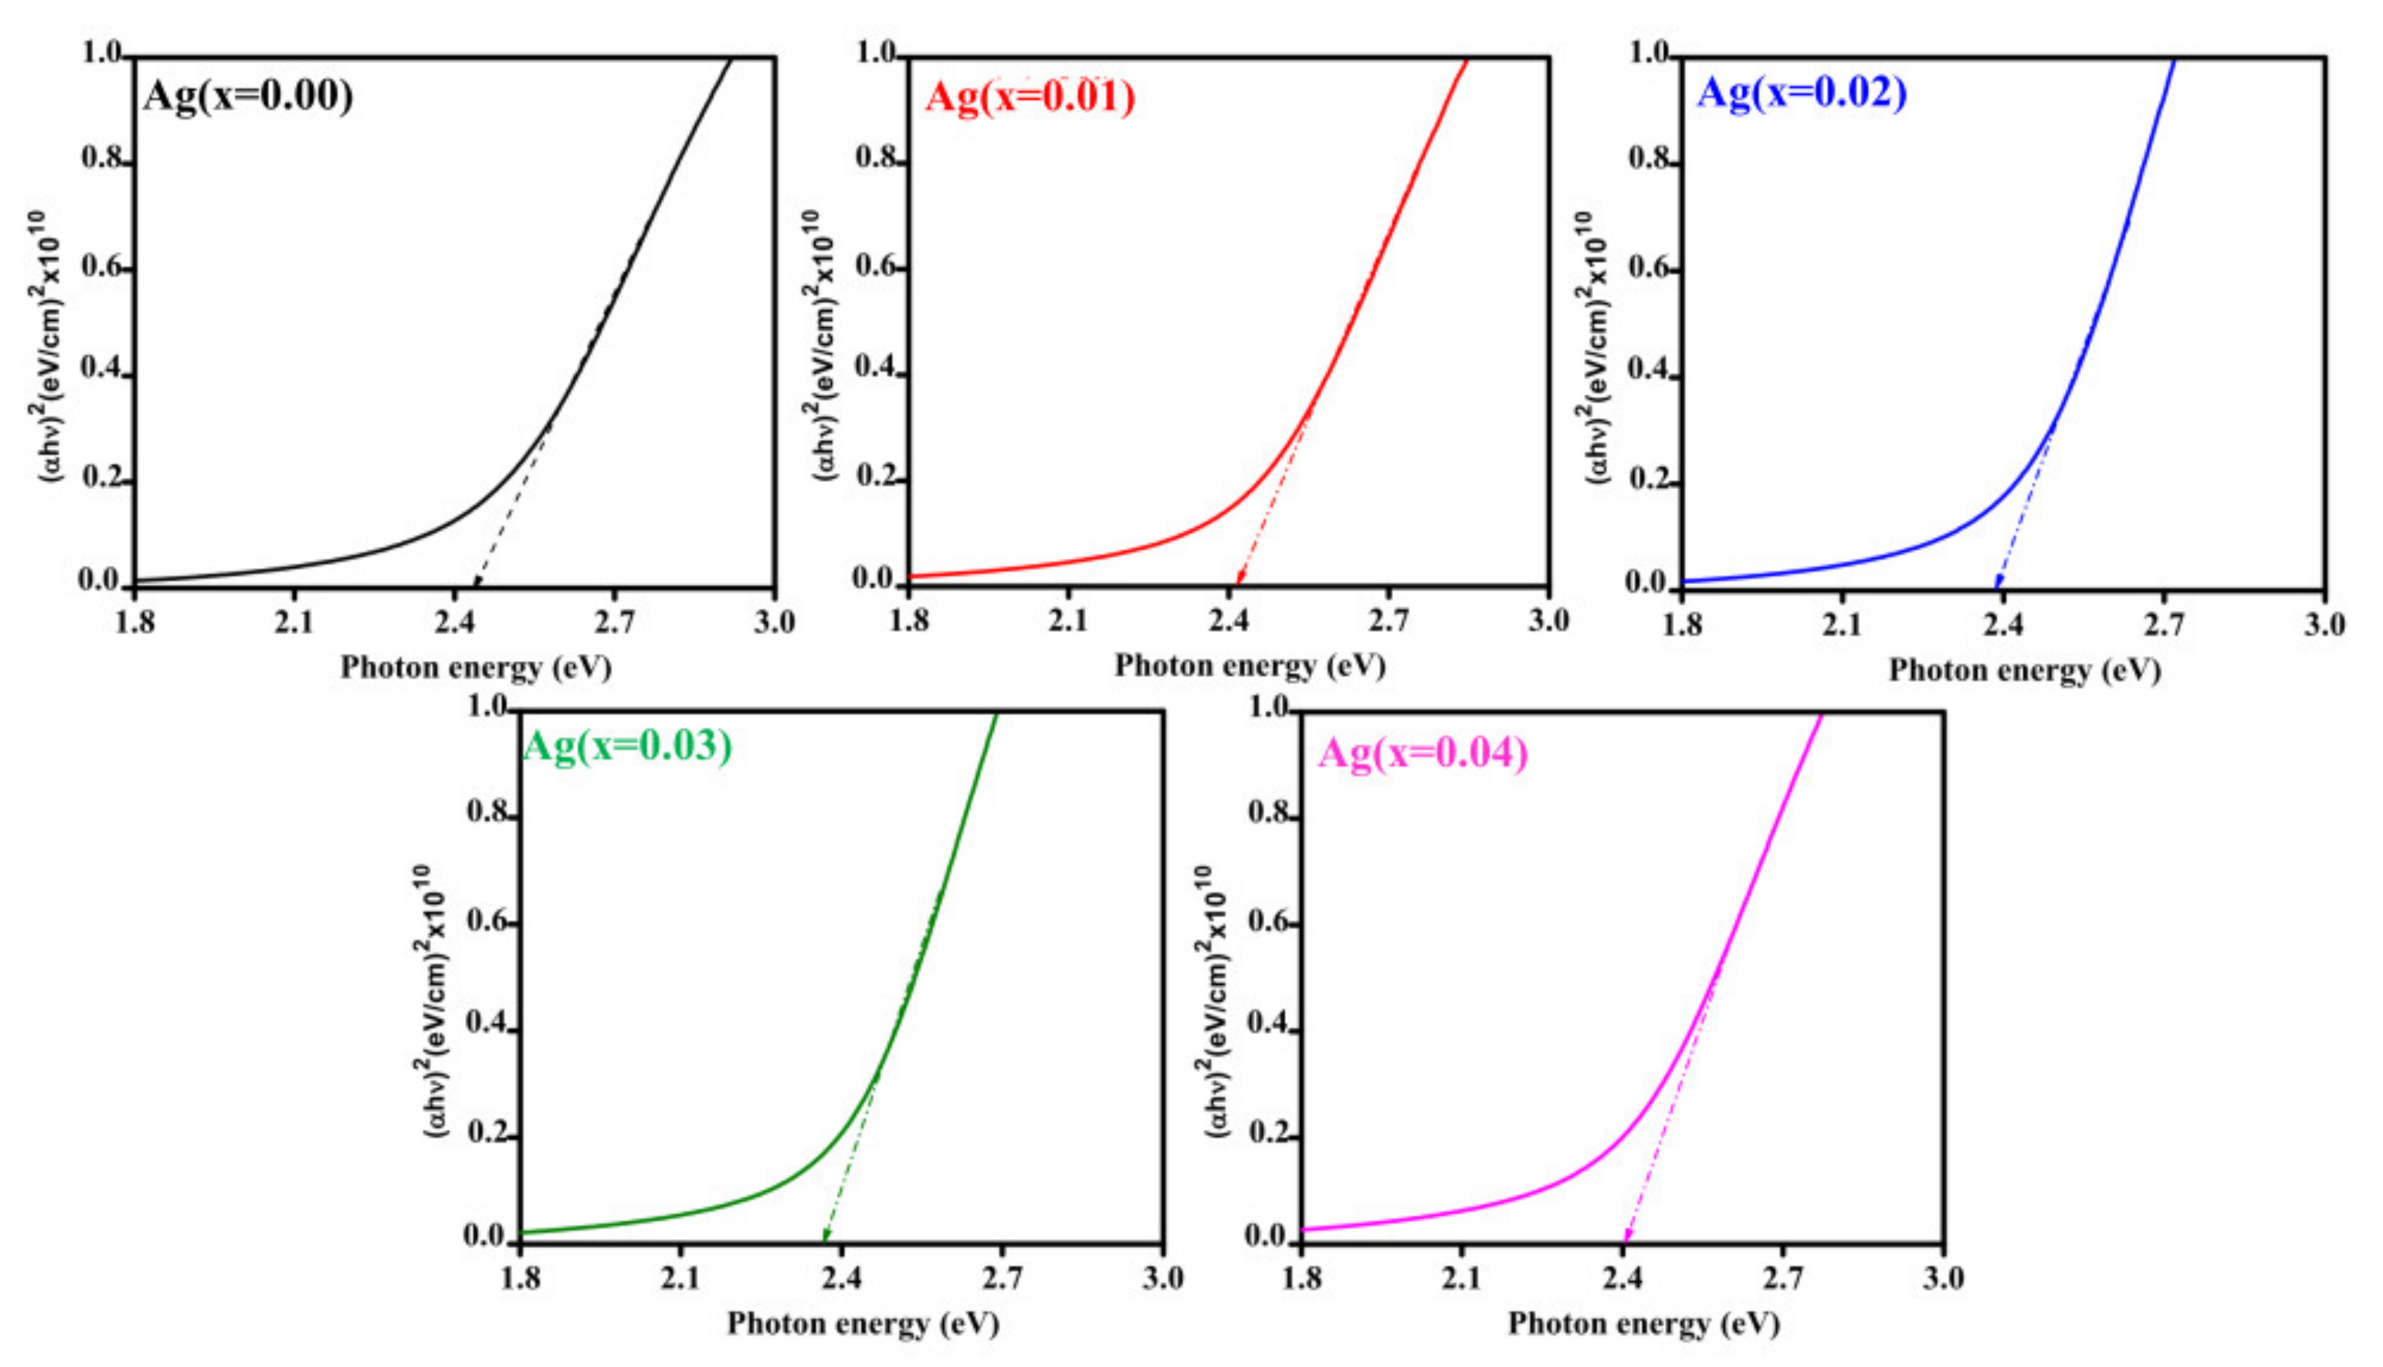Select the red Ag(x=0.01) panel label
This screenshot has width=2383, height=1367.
point(1030,97)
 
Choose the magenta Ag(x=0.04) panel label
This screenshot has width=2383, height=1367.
point(1423,754)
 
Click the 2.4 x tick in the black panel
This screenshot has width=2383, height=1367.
point(454,623)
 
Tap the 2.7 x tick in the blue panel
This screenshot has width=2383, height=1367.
point(2165,624)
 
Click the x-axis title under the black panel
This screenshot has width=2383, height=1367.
point(475,668)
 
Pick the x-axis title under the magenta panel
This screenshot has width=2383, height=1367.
point(1643,1323)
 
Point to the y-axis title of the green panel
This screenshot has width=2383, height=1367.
point(435,1002)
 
